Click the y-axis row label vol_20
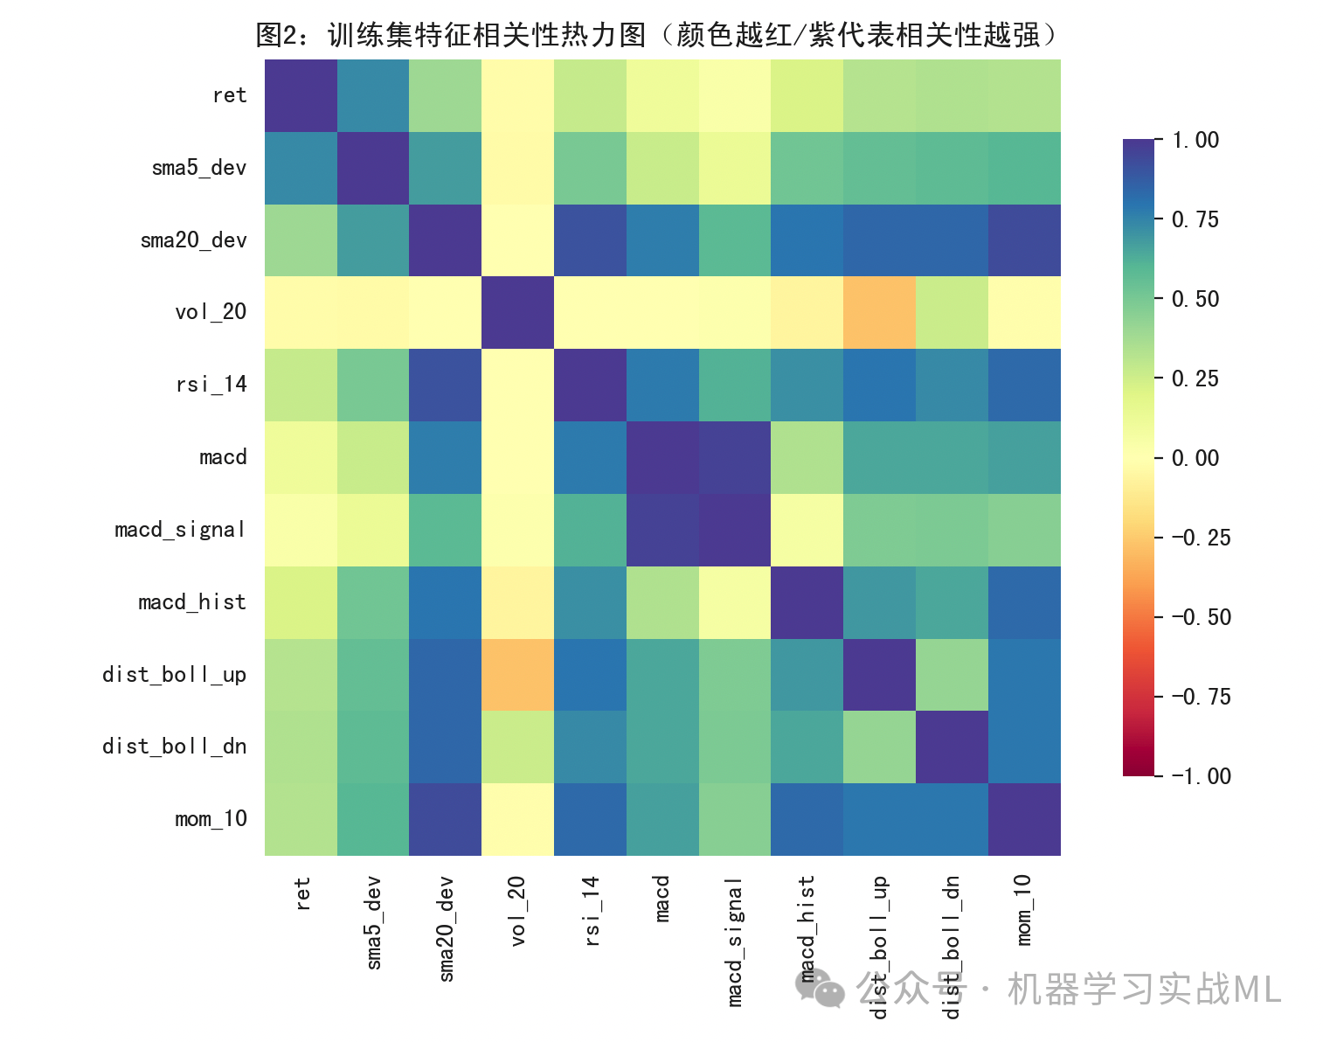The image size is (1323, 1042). point(211,312)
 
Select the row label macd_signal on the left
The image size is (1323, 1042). point(180,530)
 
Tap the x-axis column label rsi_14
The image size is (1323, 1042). point(592,911)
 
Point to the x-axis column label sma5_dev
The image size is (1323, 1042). point(374,922)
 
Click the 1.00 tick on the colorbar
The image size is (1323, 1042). point(1195,140)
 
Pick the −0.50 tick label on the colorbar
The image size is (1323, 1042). point(1201,617)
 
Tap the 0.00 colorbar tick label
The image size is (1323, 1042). point(1195,458)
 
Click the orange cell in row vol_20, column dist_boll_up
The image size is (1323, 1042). point(879,312)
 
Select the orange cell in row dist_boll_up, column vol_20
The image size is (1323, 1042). point(517,675)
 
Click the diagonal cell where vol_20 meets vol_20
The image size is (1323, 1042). point(517,312)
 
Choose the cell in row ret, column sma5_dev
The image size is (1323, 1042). point(373,95)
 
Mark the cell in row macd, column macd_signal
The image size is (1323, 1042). point(735,457)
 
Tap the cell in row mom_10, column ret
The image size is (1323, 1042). point(301,819)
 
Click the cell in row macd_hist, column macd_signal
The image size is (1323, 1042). point(735,602)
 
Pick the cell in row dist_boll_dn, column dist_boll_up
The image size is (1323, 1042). point(879,747)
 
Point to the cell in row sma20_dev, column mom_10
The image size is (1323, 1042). point(1024,240)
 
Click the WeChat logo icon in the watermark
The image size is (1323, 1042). point(819,990)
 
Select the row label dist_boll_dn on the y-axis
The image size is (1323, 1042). point(174,747)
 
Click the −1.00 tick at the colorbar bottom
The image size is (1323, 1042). point(1201,776)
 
